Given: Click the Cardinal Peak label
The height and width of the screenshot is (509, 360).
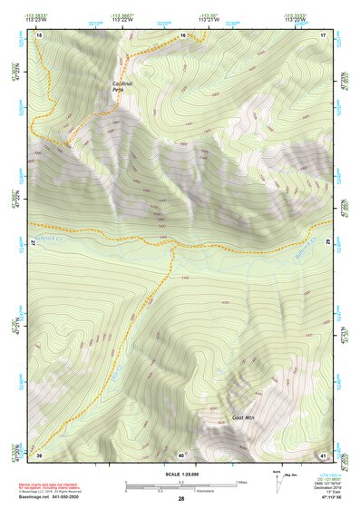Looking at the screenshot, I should (122, 87).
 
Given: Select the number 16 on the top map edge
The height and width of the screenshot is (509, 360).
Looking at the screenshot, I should (182, 34).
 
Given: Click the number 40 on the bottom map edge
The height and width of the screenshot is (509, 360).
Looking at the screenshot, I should (181, 455).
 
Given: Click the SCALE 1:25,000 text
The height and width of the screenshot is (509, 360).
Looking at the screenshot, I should (180, 474).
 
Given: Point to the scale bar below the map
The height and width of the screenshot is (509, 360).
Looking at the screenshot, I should (180, 485).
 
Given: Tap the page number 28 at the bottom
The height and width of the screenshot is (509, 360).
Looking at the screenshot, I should (181, 499).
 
